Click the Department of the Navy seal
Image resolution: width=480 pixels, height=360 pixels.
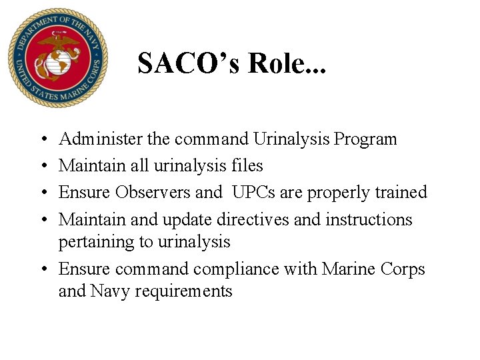pyautogui.click(x=57, y=59)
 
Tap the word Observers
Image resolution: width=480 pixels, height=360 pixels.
pyautogui.click(x=153, y=192)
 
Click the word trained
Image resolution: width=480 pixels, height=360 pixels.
pyautogui.click(x=400, y=192)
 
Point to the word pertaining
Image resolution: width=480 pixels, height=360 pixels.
pyautogui.click(x=96, y=242)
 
